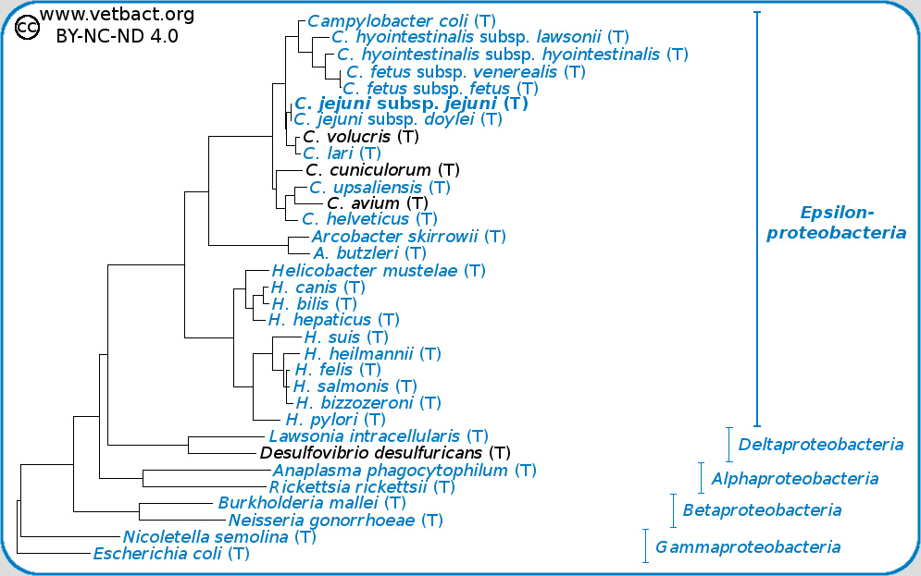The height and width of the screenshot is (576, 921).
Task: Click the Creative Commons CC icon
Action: point(28,29)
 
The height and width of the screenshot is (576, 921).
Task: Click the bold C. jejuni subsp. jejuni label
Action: point(411,104)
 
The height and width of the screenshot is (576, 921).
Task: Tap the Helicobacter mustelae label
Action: point(378,271)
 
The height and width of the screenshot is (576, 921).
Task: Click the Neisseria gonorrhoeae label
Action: point(329,520)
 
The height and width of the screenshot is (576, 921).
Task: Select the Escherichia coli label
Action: point(171,554)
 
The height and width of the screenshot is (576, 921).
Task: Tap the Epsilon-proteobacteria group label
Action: point(836,222)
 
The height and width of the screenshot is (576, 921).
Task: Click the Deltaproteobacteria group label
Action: point(820,445)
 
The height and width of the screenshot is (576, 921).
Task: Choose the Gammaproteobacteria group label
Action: point(748,546)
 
